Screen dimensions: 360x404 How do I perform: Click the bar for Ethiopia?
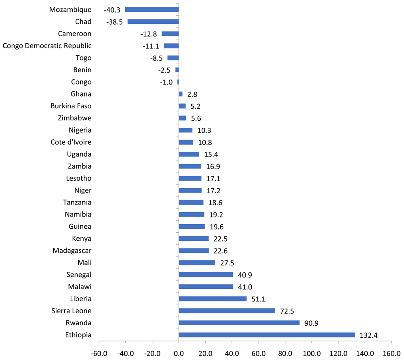click(x=267, y=335)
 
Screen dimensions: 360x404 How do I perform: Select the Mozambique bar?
click(x=152, y=10)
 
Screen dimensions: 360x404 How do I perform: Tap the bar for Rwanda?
click(x=239, y=323)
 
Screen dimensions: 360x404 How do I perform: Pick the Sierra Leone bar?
click(x=227, y=311)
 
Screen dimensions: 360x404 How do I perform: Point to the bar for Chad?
click(x=153, y=22)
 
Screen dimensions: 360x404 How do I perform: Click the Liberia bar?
click(x=213, y=299)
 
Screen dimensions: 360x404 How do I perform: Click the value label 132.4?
click(x=367, y=335)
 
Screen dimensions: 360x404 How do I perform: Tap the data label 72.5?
click(x=287, y=311)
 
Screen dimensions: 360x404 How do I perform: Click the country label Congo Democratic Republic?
click(x=47, y=46)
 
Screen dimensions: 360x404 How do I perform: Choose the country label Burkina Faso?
click(x=71, y=106)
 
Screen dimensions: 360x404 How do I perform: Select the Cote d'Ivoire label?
click(x=71, y=142)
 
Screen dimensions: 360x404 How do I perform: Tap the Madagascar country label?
click(x=72, y=251)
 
